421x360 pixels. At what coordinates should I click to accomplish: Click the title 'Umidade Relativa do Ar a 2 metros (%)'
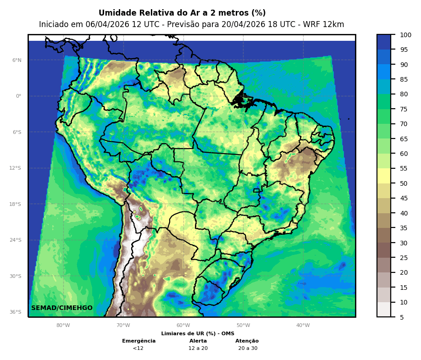pos(182,13)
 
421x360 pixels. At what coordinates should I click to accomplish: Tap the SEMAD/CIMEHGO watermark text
pos(62,308)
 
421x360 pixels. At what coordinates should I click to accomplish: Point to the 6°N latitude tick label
pos(17,60)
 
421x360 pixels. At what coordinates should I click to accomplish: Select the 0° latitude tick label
pos(19,96)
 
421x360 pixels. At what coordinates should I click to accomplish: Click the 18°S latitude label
pos(16,204)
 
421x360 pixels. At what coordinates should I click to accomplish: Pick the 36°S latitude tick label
pos(16,312)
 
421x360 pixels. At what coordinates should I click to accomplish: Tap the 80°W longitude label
pos(63,325)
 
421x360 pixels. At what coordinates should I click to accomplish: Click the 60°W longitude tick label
pos(183,325)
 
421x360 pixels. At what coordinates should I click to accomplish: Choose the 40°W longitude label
pos(303,325)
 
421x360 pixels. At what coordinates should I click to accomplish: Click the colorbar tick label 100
pos(405,35)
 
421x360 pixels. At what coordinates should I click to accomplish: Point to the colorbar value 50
pos(404,183)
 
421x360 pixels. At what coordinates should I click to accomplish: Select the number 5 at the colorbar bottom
pos(402,317)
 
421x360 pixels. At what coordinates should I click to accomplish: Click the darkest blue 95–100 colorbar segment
pos(384,42)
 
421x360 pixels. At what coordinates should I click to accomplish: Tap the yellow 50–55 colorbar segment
pos(384,176)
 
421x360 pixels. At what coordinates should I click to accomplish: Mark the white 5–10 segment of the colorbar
pos(384,309)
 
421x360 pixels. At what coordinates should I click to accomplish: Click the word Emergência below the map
pos(138,341)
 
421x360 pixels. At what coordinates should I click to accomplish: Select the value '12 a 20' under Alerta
pos(198,348)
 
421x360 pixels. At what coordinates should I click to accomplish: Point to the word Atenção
pos(247,341)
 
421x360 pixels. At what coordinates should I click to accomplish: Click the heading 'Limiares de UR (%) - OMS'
pos(198,333)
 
